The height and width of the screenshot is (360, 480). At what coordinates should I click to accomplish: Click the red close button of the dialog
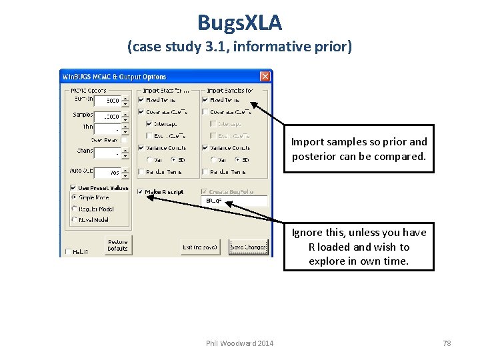[x=265, y=76]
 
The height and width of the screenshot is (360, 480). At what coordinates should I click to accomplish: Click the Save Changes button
[x=248, y=247]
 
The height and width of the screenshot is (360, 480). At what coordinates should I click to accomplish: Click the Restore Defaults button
[x=117, y=245]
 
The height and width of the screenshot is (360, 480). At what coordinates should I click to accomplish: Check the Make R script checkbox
[x=140, y=192]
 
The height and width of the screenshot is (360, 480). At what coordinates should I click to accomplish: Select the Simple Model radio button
[x=74, y=197]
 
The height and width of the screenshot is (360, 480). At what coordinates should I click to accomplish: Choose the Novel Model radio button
[x=74, y=219]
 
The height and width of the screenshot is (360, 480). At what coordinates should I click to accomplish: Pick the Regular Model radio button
[x=74, y=208]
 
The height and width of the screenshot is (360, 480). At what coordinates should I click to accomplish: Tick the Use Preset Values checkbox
[x=73, y=187]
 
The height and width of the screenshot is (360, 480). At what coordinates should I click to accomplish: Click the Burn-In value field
[x=107, y=101]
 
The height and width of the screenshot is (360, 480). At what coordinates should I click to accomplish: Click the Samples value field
[x=107, y=117]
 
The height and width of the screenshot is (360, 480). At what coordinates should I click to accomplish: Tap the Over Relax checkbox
[x=124, y=140]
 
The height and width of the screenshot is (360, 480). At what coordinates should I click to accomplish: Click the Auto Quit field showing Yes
[x=107, y=172]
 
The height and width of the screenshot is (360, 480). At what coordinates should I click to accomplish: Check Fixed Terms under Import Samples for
[x=205, y=100]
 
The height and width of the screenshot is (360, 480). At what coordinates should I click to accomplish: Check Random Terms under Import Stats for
[x=141, y=171]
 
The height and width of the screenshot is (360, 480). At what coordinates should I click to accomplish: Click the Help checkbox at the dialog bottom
[x=69, y=252]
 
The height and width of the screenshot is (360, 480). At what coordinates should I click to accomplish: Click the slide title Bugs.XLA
[x=239, y=23]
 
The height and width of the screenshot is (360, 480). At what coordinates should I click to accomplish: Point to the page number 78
[x=447, y=343]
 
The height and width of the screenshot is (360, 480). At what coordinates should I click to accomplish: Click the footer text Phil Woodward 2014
[x=239, y=343]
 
